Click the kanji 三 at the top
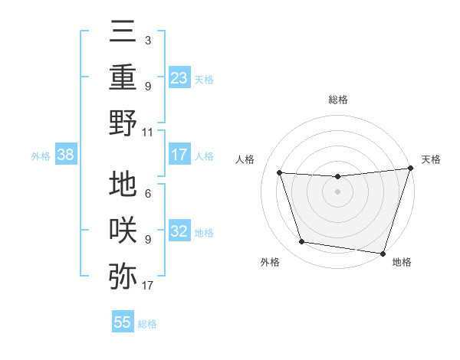(123, 34)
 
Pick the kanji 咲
(123, 230)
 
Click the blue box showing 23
(179, 77)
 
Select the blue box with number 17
(179, 155)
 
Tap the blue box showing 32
(179, 232)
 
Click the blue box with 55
(123, 322)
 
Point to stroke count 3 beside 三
(147, 39)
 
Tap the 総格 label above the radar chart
(337, 100)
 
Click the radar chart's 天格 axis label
(431, 159)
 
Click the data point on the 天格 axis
(410, 169)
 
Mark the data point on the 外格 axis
(302, 242)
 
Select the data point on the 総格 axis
(337, 176)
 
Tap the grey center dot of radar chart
(337, 192)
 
